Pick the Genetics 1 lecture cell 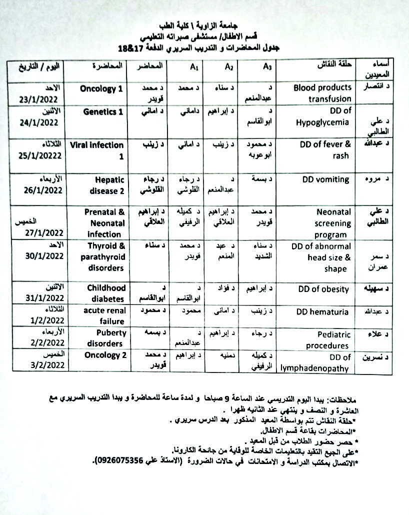coord(102,112)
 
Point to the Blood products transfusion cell coord(322,93)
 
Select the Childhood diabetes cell coord(105,293)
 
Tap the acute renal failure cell coord(104,316)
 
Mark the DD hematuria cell coord(322,312)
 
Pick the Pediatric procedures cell coord(327,340)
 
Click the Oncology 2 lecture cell coord(103,355)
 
